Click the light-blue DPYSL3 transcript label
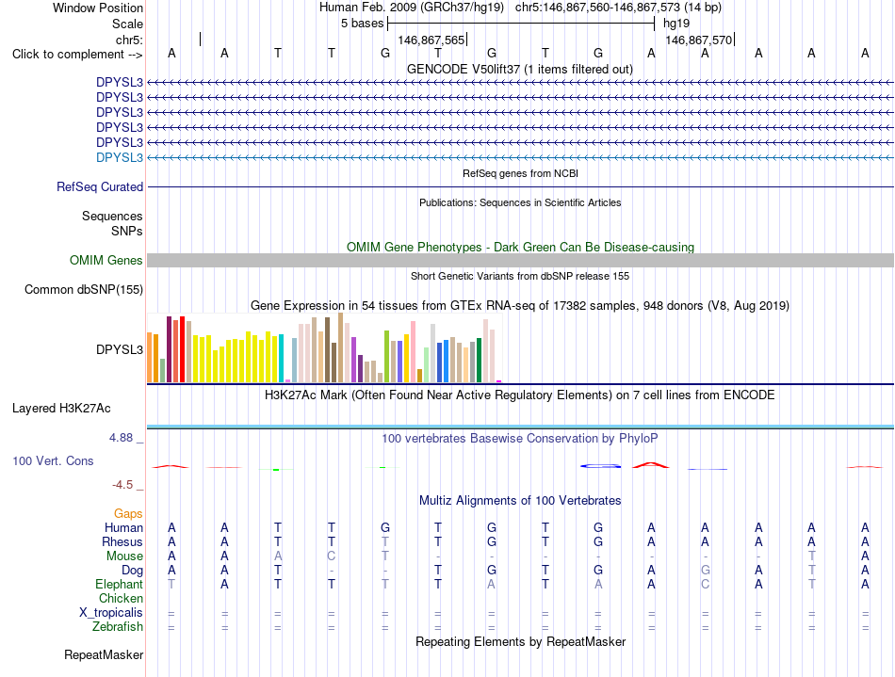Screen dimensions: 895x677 (x=120, y=157)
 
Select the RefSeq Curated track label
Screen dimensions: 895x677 (x=100, y=187)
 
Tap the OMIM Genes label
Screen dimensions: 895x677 (x=106, y=261)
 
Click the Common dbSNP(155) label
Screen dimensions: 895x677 (x=84, y=290)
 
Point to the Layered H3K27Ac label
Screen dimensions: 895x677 (x=61, y=409)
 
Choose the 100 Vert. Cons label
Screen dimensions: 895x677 (x=53, y=460)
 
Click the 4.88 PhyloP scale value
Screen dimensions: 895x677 (x=121, y=438)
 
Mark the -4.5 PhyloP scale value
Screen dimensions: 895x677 (x=122, y=485)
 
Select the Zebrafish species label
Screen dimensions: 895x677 (x=118, y=627)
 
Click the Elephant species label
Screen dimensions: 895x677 (x=120, y=585)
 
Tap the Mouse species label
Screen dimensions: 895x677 (x=124, y=556)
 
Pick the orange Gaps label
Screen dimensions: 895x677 (x=128, y=514)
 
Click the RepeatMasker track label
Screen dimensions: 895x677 (x=104, y=654)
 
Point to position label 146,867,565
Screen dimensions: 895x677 (x=431, y=40)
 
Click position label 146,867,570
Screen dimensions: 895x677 (x=699, y=40)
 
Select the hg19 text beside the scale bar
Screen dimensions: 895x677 (x=676, y=24)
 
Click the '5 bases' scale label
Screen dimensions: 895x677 (x=363, y=24)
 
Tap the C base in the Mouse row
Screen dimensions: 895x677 (x=331, y=556)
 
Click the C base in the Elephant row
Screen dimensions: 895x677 (x=706, y=585)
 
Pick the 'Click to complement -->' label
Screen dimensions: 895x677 (x=77, y=55)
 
